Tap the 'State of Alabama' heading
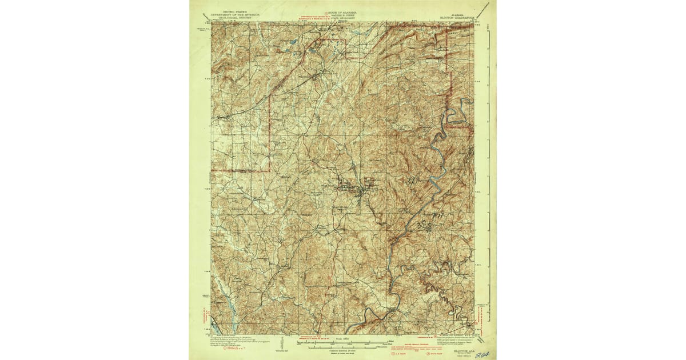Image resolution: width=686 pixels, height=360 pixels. (343, 11)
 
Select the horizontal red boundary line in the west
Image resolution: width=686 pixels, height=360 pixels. (240, 170)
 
